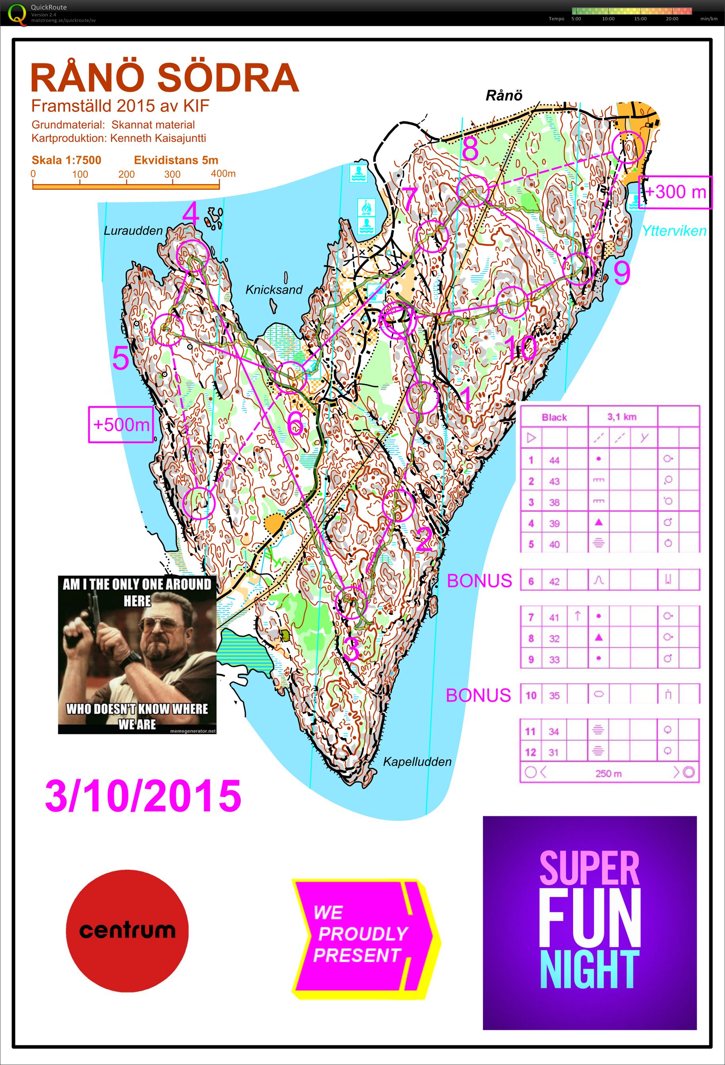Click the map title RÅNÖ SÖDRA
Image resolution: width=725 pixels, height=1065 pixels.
pyautogui.click(x=165, y=78)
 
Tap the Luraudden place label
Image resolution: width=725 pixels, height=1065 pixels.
pyautogui.click(x=133, y=231)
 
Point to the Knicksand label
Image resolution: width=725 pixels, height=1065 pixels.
pyautogui.click(x=274, y=290)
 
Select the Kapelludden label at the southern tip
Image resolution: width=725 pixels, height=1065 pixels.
pyautogui.click(x=417, y=762)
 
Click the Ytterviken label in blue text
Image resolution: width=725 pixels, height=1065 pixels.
pyautogui.click(x=674, y=231)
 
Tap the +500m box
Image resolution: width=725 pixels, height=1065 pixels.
pyautogui.click(x=121, y=424)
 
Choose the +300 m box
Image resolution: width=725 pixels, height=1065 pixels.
pyautogui.click(x=675, y=192)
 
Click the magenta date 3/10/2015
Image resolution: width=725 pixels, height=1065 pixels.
pyautogui.click(x=143, y=796)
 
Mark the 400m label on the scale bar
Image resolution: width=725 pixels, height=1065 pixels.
pyautogui.click(x=223, y=174)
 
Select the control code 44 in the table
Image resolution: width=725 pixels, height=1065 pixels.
pyautogui.click(x=554, y=460)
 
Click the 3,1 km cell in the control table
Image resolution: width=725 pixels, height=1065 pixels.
pyautogui.click(x=622, y=417)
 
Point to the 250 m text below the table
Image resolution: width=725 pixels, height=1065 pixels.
pyautogui.click(x=608, y=774)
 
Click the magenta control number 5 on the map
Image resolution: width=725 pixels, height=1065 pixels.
pyautogui.click(x=121, y=358)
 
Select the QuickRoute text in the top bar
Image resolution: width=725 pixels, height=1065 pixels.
pyautogui.click(x=49, y=7)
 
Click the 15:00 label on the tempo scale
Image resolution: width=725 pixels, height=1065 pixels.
pyautogui.click(x=640, y=19)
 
